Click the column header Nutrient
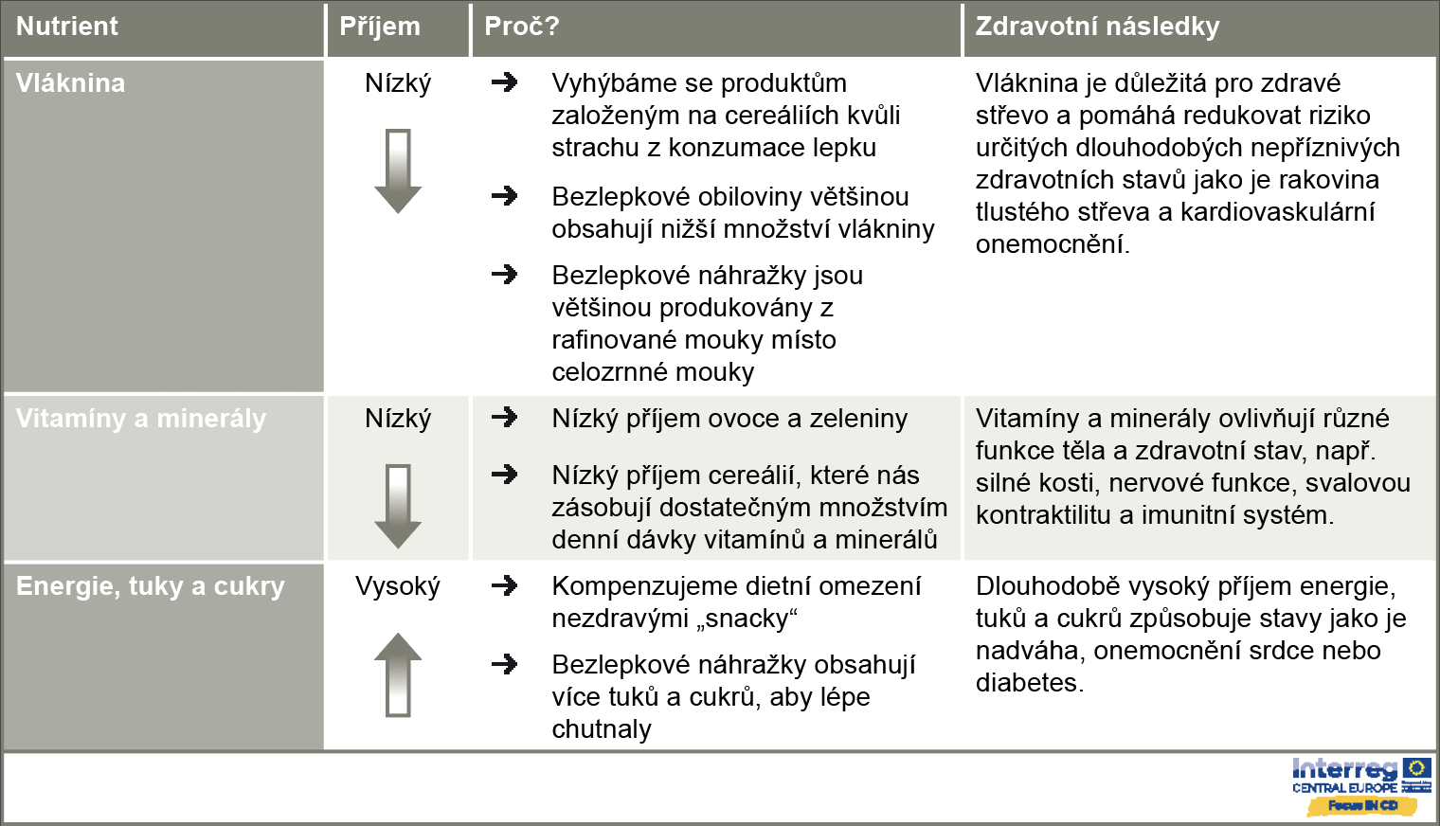(67, 27)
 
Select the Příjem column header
(380, 27)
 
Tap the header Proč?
(522, 27)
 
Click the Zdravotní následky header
(1097, 27)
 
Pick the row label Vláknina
(71, 83)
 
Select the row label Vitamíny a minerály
(141, 419)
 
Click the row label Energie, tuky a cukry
(151, 586)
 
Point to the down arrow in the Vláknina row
(398, 171)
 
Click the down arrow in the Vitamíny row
(398, 506)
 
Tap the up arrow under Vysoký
(398, 673)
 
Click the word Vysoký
(398, 586)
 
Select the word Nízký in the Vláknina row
(398, 83)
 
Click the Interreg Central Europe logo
(1361, 786)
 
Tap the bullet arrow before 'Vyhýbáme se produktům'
(505, 82)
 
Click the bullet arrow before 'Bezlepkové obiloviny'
(505, 196)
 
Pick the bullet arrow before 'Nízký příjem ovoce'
(505, 418)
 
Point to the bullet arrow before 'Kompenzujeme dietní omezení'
(505, 585)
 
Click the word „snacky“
(747, 619)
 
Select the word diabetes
(1029, 683)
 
